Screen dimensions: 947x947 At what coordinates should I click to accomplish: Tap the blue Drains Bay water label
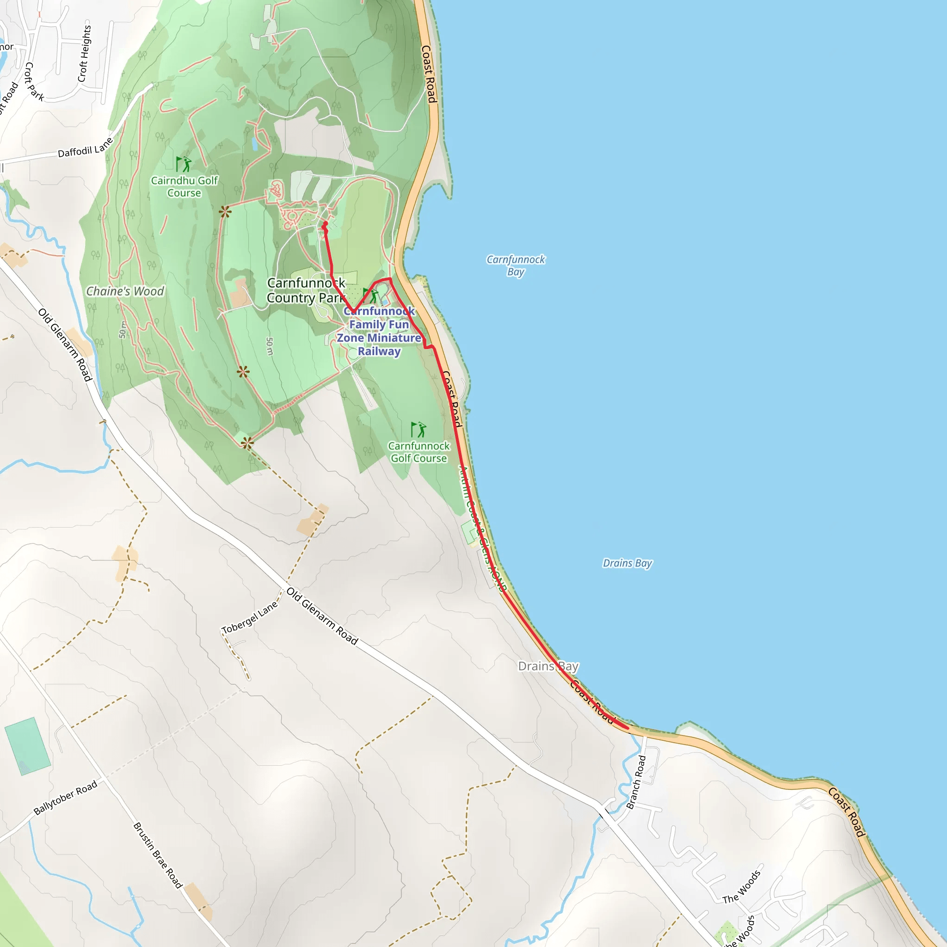point(627,563)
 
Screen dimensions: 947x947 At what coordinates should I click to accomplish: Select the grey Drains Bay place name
point(548,667)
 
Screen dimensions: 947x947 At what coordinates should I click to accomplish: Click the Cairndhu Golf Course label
point(184,187)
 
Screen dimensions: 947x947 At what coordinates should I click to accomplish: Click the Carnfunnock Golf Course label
point(418,452)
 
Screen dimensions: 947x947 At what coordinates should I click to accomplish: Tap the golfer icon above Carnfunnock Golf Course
point(418,430)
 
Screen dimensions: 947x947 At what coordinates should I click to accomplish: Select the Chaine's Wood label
point(125,291)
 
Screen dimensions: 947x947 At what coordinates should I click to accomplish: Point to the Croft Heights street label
point(85,54)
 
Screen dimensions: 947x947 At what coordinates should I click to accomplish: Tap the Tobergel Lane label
point(250,617)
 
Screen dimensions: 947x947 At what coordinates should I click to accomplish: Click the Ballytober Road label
point(66,797)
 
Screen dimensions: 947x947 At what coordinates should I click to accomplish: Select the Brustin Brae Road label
point(158,855)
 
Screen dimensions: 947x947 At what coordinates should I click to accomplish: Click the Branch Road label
point(636,782)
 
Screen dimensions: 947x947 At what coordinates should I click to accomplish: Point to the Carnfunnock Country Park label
point(306,290)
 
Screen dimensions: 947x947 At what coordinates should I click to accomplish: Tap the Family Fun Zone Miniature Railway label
point(379,331)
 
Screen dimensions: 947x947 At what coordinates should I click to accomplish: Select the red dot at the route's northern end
point(325,224)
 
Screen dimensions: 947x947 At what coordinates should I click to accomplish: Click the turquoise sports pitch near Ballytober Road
point(27,745)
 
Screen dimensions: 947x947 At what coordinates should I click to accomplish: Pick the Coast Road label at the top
point(429,74)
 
